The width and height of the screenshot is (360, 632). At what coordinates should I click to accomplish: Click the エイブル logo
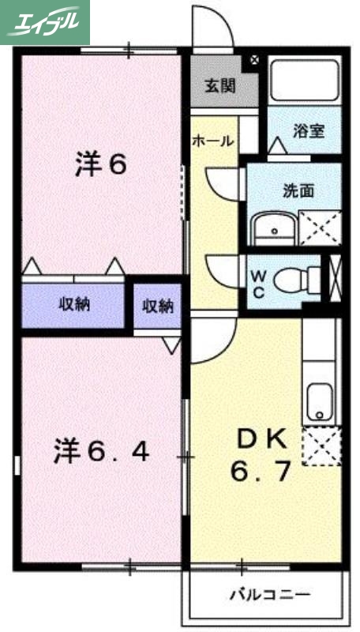45,21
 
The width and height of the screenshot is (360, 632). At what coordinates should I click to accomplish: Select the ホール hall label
213,141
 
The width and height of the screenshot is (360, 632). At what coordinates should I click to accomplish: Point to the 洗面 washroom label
300,190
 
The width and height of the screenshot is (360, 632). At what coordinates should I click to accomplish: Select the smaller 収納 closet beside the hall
157,306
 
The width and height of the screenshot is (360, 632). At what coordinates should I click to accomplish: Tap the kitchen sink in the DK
320,400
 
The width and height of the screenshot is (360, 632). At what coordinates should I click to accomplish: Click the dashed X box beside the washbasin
320,228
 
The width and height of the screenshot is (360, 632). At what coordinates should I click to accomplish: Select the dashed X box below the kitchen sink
321,446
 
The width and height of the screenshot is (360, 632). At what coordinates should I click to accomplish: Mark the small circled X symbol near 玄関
254,59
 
